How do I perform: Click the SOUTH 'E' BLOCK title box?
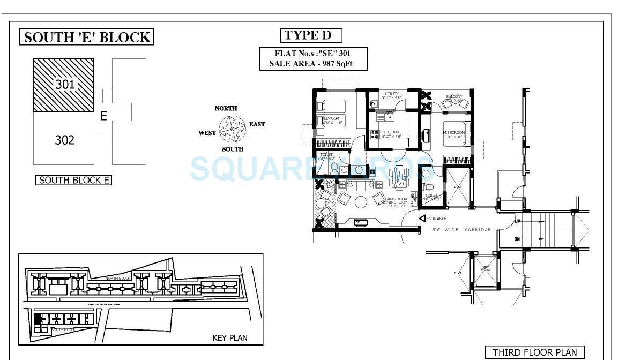tap(87, 37)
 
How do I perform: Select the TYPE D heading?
tap(311, 36)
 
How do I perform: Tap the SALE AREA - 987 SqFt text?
tap(314, 64)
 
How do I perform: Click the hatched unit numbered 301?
tap(64, 85)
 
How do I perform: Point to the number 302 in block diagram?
tap(64, 140)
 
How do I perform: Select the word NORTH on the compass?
tap(226, 108)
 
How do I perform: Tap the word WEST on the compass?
tap(207, 133)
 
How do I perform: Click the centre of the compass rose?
tap(232, 129)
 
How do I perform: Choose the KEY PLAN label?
tap(230, 338)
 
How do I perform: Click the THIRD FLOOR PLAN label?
tap(534, 352)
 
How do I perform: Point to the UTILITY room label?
tap(392, 94)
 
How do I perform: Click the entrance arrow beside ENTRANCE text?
tap(422, 219)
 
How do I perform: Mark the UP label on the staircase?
tap(517, 221)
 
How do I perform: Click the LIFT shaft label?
tap(485, 267)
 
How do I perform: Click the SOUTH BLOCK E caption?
tap(74, 180)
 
